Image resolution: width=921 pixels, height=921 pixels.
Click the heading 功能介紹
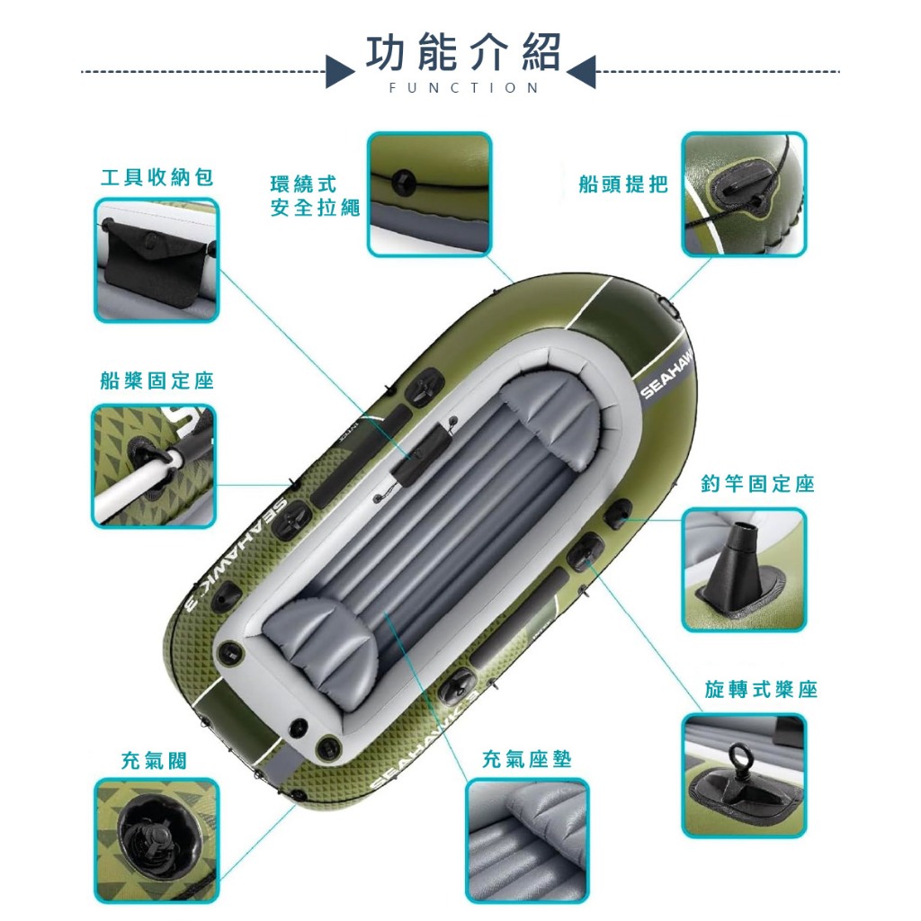(x=463, y=52)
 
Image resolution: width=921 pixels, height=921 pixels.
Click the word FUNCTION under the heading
(x=463, y=88)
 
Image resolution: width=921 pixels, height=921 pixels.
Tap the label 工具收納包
(x=156, y=177)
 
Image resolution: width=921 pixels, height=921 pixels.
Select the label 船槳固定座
(x=156, y=380)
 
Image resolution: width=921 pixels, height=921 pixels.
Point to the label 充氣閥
(x=154, y=761)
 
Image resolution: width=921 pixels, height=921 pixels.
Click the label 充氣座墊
(x=526, y=759)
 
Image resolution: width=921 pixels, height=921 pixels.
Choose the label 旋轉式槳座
(x=761, y=689)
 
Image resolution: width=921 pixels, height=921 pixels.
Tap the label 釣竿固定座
(x=757, y=483)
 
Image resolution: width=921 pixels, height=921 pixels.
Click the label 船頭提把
(x=623, y=183)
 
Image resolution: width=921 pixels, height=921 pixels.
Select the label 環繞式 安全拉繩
(x=315, y=195)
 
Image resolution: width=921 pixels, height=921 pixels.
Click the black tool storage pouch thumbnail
(x=156, y=260)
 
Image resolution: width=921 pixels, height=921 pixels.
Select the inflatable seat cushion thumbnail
(x=527, y=841)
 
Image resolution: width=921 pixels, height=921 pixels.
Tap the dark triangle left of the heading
(x=339, y=72)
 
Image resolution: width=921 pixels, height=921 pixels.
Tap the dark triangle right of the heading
(x=582, y=72)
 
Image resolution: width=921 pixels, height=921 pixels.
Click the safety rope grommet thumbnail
(x=429, y=194)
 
